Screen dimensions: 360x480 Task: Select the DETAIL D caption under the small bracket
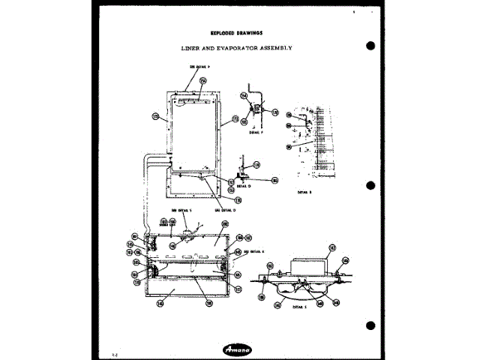coord(243,187)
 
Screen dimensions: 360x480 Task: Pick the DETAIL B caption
coord(304,192)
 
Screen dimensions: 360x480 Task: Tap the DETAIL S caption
coord(300,308)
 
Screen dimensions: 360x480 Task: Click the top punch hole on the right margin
coord(370,46)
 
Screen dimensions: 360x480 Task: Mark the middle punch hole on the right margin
coord(370,184)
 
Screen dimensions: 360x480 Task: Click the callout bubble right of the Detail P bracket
coord(274,112)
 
